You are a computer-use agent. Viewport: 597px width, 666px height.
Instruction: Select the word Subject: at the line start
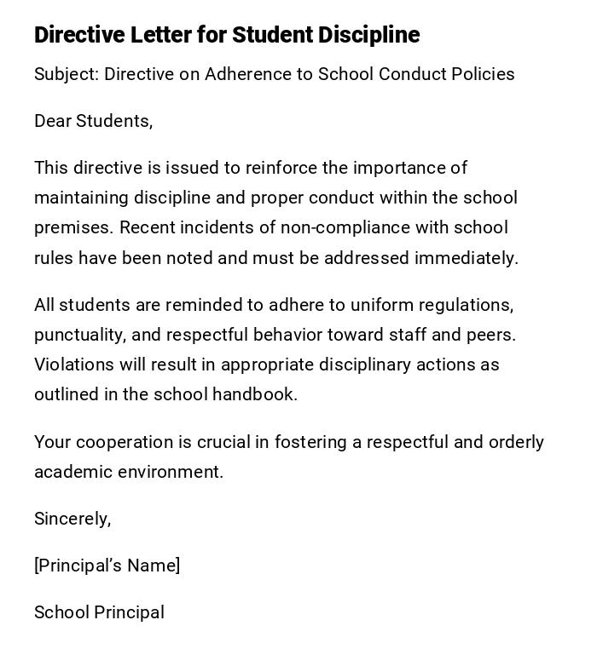[67, 74]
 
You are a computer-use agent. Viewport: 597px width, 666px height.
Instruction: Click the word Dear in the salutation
[53, 121]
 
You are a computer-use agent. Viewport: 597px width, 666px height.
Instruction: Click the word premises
[74, 228]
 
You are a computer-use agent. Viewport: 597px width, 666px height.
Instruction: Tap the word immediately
[467, 258]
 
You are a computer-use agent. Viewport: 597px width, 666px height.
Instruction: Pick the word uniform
[380, 305]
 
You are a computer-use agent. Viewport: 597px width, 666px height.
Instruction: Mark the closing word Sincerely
[72, 519]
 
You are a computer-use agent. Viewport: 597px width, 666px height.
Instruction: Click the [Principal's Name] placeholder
[107, 566]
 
